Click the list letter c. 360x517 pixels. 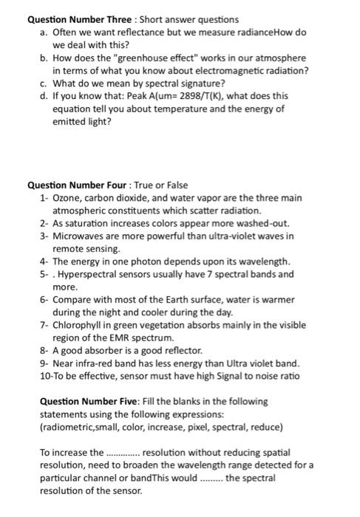[x=44, y=83]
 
